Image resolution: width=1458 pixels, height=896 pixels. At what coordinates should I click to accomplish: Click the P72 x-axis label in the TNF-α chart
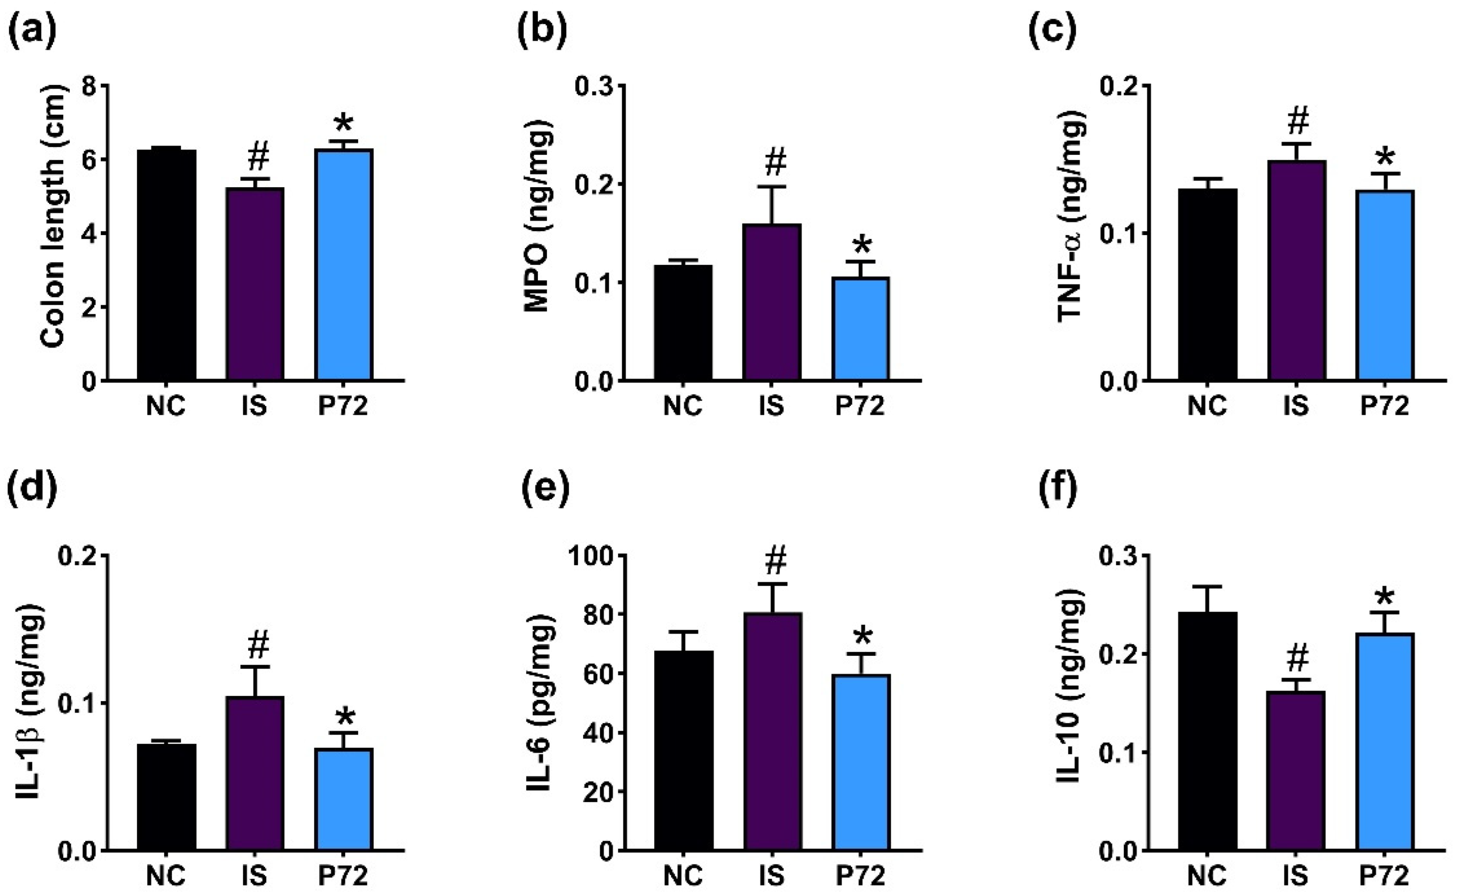tap(1384, 406)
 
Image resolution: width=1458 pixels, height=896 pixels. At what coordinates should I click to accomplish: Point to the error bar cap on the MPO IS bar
tap(773, 187)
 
